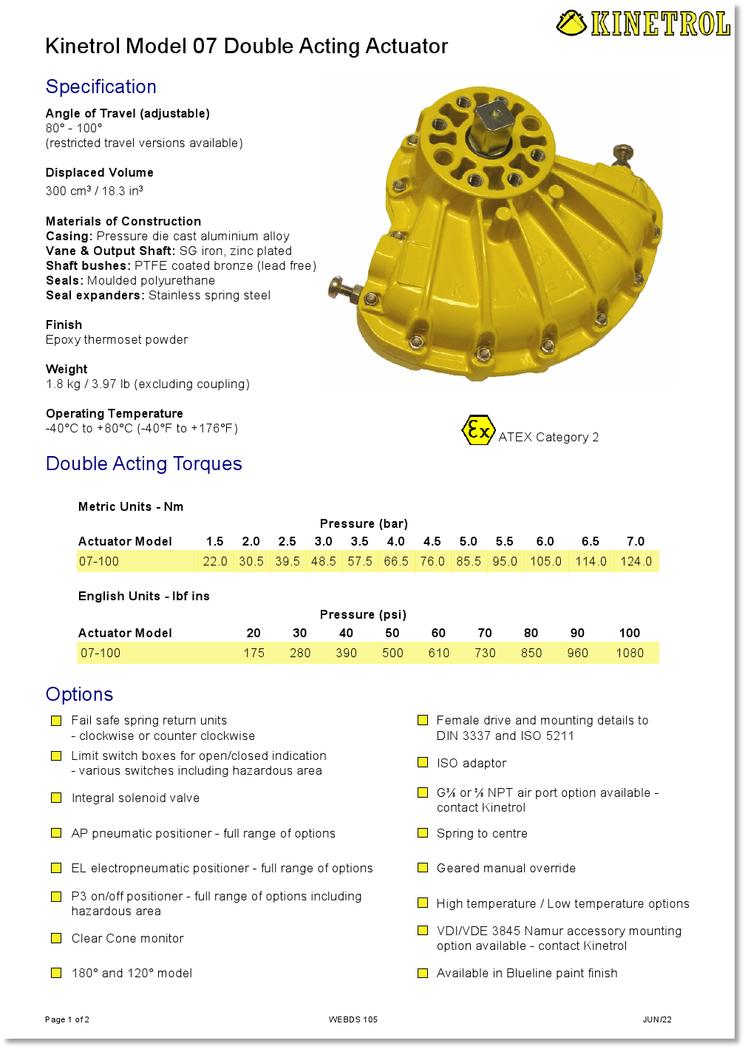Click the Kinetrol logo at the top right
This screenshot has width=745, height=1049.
click(x=643, y=24)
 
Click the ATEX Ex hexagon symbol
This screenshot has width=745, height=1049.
click(x=477, y=430)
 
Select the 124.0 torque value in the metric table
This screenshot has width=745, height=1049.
click(x=636, y=561)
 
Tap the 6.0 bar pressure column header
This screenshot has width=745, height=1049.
click(x=545, y=541)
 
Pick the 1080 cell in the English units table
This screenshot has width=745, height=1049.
click(x=630, y=653)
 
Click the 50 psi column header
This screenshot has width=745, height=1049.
click(x=392, y=633)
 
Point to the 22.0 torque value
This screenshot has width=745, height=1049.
click(x=215, y=561)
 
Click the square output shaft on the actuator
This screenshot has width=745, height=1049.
click(x=490, y=120)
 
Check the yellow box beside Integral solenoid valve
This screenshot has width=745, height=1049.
click(x=56, y=798)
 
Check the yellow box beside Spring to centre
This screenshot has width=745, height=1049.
click(x=423, y=833)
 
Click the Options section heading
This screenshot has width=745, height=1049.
click(x=79, y=694)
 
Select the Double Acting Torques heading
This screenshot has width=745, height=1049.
click(x=144, y=464)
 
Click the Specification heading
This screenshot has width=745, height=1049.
click(x=101, y=86)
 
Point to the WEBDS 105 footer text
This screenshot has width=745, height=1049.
click(x=353, y=1019)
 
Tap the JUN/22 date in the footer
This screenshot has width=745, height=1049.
click(x=657, y=1019)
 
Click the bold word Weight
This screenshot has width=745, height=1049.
click(x=67, y=369)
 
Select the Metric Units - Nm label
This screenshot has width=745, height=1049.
click(x=131, y=506)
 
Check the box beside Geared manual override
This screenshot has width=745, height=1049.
click(x=423, y=868)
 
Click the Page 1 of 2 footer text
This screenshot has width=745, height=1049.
click(x=67, y=1019)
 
